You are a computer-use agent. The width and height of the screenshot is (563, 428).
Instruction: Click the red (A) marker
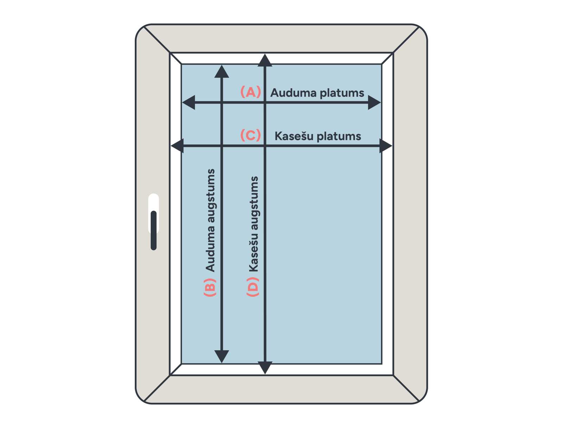251,92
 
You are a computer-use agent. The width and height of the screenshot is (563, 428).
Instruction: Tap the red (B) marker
210,287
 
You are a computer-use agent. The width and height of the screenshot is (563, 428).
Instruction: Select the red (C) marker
251,135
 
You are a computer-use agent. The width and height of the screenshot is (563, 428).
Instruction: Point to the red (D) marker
253,287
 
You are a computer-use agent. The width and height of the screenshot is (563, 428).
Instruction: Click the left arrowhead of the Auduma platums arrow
189,102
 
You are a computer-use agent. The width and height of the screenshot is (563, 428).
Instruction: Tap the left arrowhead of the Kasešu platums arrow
177,146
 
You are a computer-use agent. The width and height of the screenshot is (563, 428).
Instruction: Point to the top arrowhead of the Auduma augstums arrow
222,71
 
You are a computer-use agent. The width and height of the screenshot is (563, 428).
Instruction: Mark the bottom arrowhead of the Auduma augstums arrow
222,356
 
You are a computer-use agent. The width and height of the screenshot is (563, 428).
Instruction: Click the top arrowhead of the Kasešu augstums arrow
265,60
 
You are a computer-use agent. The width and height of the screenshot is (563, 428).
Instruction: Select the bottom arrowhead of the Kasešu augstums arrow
265,368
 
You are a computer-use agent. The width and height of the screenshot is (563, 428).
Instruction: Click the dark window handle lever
153,230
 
